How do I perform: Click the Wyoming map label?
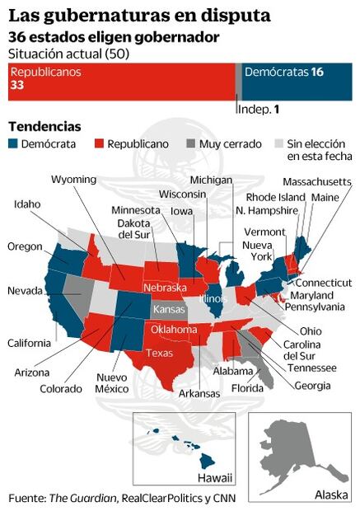coord(73,179)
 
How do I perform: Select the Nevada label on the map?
coord(25,291)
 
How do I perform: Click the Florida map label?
coord(248,388)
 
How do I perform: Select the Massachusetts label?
coord(317,180)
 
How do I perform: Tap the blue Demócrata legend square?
coord(13,143)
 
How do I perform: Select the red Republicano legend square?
coord(101,143)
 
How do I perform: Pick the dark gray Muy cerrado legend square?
coord(192,143)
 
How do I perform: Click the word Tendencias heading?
coord(44,126)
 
